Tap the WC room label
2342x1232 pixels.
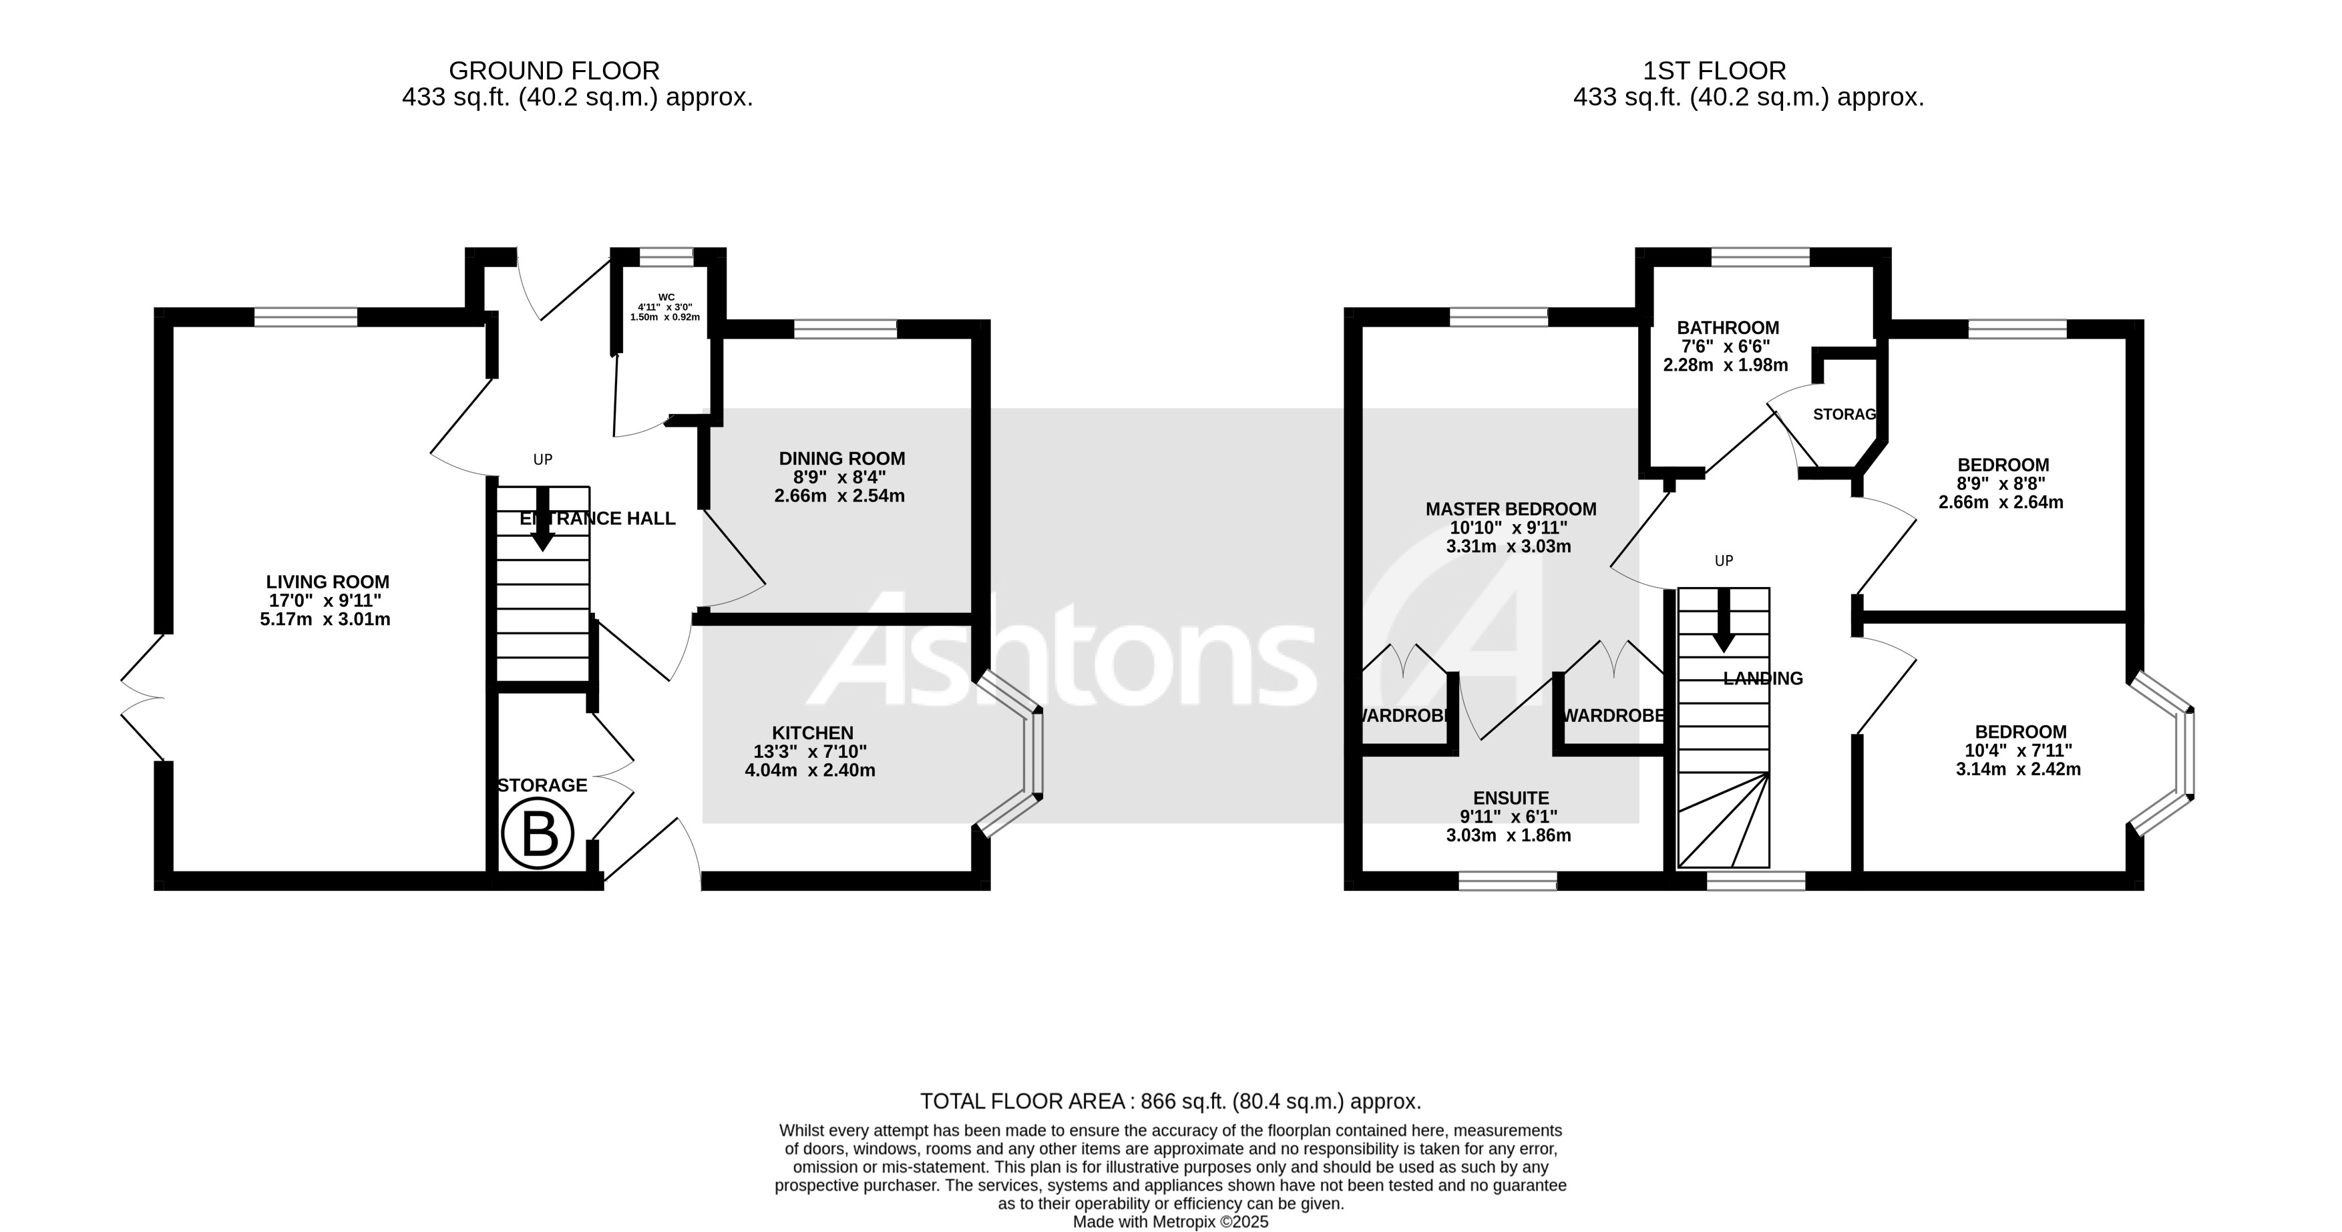[x=666, y=297]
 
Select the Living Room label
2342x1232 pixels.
[x=327, y=582]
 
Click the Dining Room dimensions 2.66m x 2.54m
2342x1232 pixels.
[x=839, y=496]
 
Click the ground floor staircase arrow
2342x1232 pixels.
[x=543, y=520]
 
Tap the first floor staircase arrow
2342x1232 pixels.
[x=1723, y=621]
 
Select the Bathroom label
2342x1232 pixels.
[x=1728, y=327]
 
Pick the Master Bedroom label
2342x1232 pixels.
[x=1510, y=509]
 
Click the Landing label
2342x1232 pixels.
[x=1763, y=678]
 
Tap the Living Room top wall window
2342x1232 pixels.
[x=305, y=317]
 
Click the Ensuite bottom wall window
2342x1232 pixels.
[x=1507, y=880]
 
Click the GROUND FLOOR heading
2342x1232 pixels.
[x=554, y=70]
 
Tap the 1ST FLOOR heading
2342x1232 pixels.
[x=1714, y=70]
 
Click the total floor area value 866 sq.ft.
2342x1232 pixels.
[x=1182, y=1102]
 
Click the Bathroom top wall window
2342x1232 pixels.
[x=1760, y=256]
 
